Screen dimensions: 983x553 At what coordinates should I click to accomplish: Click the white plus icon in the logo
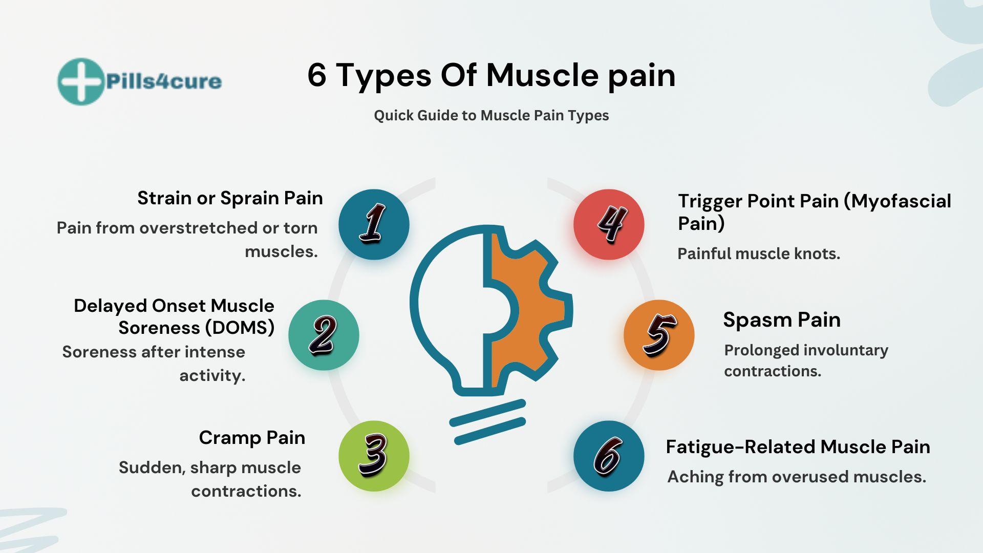pos(80,81)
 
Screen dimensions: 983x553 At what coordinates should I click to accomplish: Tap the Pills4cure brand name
pos(164,81)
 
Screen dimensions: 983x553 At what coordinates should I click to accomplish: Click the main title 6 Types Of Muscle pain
pos(491,76)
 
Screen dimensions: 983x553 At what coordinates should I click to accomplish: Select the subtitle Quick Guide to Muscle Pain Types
pos(491,115)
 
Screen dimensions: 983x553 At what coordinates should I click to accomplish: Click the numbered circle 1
pos(374,224)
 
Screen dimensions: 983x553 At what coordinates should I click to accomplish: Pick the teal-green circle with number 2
pos(324,335)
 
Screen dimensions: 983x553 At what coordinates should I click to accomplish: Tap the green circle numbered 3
pos(374,456)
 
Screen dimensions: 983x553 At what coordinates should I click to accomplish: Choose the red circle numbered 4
pos(609,224)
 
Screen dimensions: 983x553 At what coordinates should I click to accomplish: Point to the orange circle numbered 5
pos(659,335)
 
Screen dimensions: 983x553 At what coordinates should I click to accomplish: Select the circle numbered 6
pos(609,456)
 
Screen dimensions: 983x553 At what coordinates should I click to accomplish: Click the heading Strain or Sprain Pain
pos(230,199)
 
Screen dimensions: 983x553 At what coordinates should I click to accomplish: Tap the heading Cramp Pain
pos(252,438)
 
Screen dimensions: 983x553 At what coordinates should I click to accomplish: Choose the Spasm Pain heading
pos(782,320)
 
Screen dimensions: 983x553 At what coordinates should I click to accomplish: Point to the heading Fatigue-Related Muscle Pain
pos(798,447)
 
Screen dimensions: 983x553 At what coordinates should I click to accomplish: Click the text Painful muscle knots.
pos(759,254)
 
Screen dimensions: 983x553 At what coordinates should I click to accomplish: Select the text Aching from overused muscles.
pos(797,477)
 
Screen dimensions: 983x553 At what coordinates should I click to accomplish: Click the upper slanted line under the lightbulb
pos(487,413)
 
